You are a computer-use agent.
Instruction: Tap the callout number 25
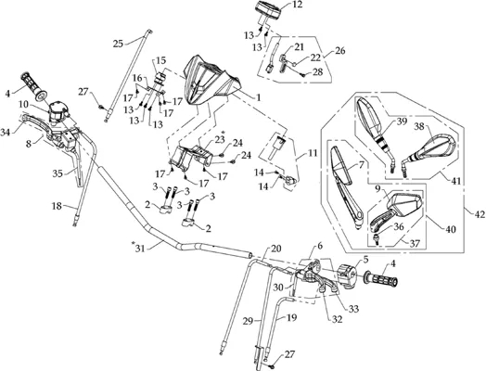pyautogui.click(x=118, y=44)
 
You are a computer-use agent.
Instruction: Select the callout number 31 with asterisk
pyautogui.click(x=138, y=248)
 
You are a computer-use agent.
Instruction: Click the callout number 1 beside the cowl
pyautogui.click(x=257, y=97)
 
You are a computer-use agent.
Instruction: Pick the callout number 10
pyautogui.click(x=23, y=104)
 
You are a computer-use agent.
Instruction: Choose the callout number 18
pyautogui.click(x=57, y=206)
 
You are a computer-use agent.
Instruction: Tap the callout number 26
pyautogui.click(x=340, y=50)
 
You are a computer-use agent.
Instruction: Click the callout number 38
pyautogui.click(x=419, y=126)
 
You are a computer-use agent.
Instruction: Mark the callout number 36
pyautogui.click(x=399, y=227)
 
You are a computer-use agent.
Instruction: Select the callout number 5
pyautogui.click(x=365, y=260)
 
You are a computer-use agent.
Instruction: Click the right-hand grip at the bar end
pyautogui.click(x=382, y=278)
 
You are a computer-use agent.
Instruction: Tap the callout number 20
pyautogui.click(x=275, y=249)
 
